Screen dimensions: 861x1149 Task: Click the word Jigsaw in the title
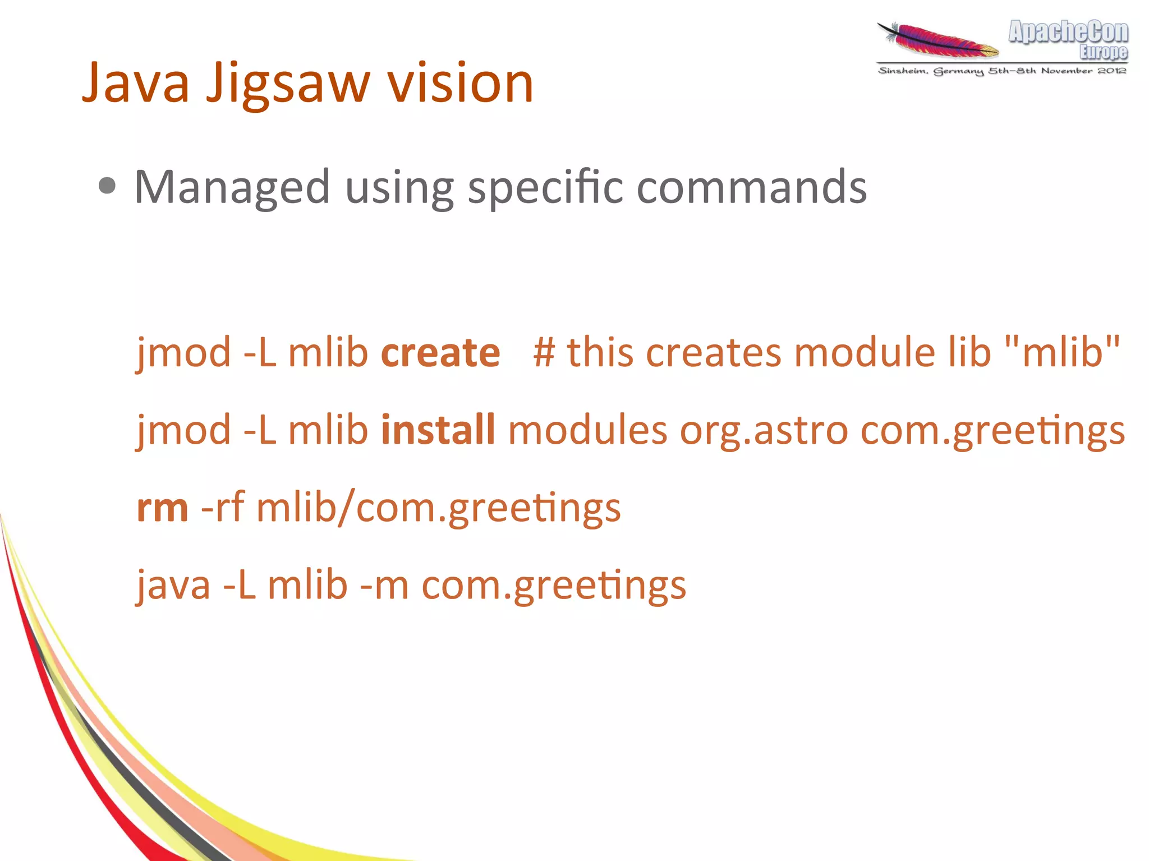pyautogui.click(x=288, y=84)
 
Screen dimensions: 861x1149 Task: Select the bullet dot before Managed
pyautogui.click(x=107, y=186)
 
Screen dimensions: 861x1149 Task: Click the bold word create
pyautogui.click(x=440, y=353)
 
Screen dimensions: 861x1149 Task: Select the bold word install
pyautogui.click(x=438, y=430)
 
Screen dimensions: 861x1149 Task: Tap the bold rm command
pyautogui.click(x=162, y=508)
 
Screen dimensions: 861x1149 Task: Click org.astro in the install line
pyautogui.click(x=764, y=431)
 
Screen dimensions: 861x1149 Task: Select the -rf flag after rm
pyautogui.click(x=222, y=508)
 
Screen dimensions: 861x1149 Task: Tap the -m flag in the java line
pyautogui.click(x=384, y=585)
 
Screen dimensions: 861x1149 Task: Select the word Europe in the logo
pyautogui.click(x=1103, y=52)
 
